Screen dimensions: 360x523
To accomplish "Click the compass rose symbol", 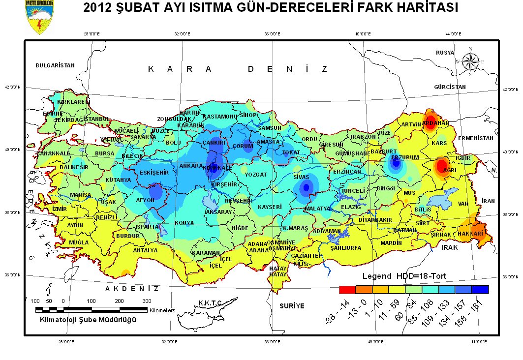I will pyautogui.click(x=471, y=61).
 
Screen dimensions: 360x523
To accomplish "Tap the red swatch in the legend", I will pyautogui.click(x=347, y=290).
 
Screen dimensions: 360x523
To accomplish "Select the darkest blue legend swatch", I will pyautogui.click(x=480, y=290).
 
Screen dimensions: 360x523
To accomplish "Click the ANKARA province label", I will pyautogui.click(x=191, y=166).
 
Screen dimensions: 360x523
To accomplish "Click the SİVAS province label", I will pyautogui.click(x=301, y=176).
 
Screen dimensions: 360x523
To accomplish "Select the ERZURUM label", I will pyautogui.click(x=405, y=157).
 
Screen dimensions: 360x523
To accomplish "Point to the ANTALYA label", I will pyautogui.click(x=146, y=250).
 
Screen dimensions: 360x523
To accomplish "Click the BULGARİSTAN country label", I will pyautogui.click(x=55, y=65).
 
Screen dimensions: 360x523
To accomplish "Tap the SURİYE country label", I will pyautogui.click(x=292, y=306).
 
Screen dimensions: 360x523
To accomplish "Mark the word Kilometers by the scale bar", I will pyautogui.click(x=162, y=310).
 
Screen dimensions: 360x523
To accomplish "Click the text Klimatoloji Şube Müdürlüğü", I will pyautogui.click(x=88, y=320).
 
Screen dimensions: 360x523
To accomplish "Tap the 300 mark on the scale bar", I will pyautogui.click(x=147, y=300).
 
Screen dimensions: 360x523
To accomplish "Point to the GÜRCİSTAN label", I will pyautogui.click(x=450, y=87).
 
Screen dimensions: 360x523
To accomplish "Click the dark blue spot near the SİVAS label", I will pyautogui.click(x=307, y=187).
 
